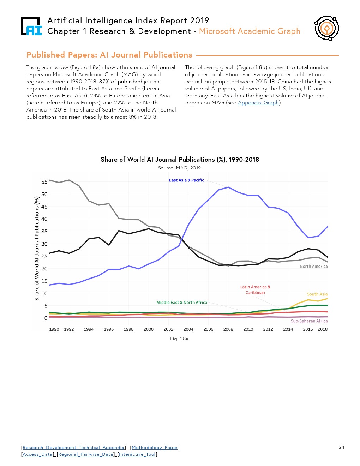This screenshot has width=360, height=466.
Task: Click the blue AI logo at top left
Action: [32, 26]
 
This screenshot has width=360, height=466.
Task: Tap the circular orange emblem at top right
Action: [326, 28]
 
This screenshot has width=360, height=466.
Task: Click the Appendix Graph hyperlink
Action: [258, 103]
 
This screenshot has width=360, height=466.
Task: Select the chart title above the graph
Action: [180, 160]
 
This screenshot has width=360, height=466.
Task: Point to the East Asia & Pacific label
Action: [186, 180]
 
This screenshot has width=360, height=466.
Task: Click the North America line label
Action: [313, 267]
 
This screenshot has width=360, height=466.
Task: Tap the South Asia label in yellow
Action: [317, 294]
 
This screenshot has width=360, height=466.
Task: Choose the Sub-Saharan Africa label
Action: [309, 321]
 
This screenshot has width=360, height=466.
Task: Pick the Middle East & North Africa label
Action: [182, 303]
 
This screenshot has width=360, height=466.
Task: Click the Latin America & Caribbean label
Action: [255, 290]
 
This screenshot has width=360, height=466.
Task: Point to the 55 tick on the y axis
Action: [44, 182]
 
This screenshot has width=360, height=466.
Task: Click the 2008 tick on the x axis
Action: [228, 329]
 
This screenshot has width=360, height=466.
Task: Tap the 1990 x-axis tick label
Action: [54, 329]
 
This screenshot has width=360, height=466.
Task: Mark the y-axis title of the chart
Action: [37, 249]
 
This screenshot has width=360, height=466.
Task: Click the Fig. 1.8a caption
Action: [180, 339]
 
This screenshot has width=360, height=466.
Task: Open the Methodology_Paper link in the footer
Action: [155, 448]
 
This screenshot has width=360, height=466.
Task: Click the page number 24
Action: [341, 447]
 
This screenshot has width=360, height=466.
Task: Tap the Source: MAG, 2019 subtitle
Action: [180, 168]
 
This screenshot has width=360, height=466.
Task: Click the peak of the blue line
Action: [228, 187]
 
